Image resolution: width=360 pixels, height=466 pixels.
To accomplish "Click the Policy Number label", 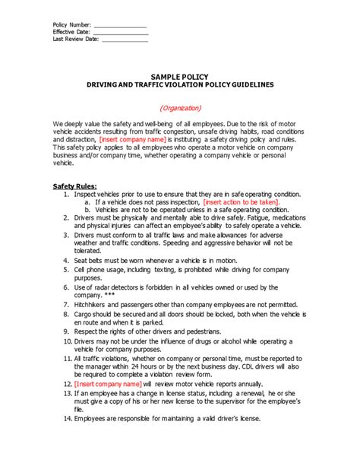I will (x=71, y=25).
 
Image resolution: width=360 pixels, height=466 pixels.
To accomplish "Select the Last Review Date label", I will (x=76, y=40).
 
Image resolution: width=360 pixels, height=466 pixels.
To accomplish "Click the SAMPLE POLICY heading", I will (x=179, y=78).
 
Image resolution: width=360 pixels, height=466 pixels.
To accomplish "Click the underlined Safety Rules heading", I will (x=74, y=186).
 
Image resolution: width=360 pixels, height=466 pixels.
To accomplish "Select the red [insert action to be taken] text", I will (x=241, y=202).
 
